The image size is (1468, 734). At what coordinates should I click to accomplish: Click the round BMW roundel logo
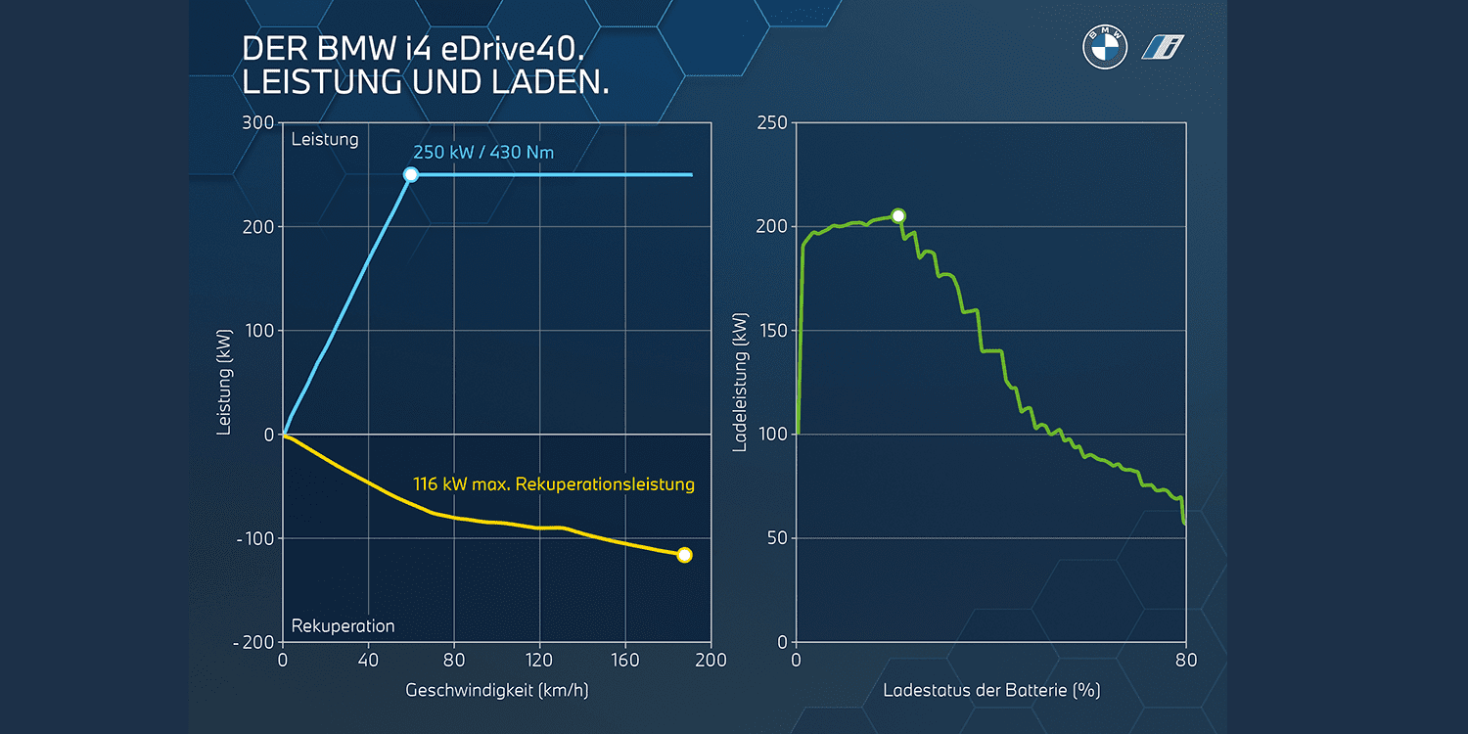point(1105,47)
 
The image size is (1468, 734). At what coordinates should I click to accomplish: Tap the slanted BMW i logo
point(1164,47)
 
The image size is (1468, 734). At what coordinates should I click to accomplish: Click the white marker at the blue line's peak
point(411,174)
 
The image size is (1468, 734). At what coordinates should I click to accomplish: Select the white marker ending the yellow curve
point(684,555)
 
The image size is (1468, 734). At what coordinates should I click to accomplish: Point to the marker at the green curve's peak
point(898,215)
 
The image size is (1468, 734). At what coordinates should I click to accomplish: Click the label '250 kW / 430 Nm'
point(484,152)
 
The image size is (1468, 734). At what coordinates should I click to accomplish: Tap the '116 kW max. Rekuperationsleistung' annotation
point(554,483)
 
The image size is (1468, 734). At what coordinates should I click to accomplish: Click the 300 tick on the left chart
point(258,123)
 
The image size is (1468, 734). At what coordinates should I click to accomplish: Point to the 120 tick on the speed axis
point(539,661)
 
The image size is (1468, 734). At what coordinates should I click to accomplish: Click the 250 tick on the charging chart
point(771,123)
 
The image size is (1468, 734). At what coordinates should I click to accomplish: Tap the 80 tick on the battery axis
point(1186,661)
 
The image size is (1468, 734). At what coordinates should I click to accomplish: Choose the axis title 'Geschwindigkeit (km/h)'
point(497,690)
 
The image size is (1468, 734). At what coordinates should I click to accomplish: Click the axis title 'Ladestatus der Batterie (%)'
point(991,690)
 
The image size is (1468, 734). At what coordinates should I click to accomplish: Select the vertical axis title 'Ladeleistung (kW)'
point(741,383)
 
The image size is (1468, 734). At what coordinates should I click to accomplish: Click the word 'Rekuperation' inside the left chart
point(344,625)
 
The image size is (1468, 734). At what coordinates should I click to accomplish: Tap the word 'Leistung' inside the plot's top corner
point(325,139)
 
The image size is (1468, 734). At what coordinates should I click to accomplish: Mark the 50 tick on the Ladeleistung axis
point(776,538)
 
